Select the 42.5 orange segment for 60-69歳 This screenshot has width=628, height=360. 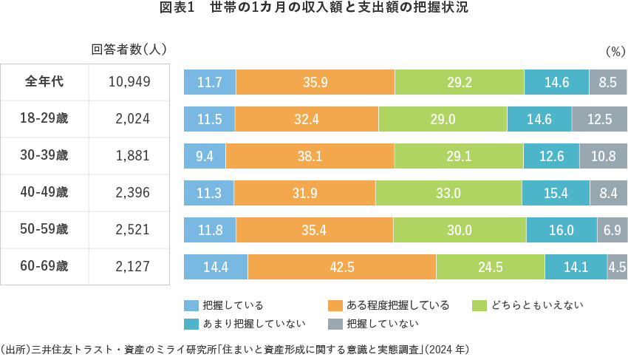pyautogui.click(x=342, y=267)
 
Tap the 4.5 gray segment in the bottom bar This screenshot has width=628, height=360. pyautogui.click(x=617, y=267)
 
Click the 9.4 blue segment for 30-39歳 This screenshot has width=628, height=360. pyautogui.click(x=205, y=156)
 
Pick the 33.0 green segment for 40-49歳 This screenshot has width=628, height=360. pyautogui.click(x=448, y=193)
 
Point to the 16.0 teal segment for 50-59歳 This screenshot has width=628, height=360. pyautogui.click(x=562, y=230)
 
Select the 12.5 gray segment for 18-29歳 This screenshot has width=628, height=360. pyautogui.click(x=599, y=119)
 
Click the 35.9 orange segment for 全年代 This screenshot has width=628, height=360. pyautogui.click(x=315, y=82)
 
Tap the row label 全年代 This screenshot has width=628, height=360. pyautogui.click(x=44, y=81)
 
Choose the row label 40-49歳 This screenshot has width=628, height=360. pyautogui.click(x=44, y=192)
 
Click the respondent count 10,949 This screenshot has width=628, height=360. pyautogui.click(x=129, y=82)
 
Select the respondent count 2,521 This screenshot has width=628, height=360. pyautogui.click(x=132, y=230)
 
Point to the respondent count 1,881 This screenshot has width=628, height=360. pyautogui.click(x=132, y=156)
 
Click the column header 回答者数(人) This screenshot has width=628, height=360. pyautogui.click(x=129, y=50)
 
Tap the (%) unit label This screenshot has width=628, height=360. pyautogui.click(x=615, y=52)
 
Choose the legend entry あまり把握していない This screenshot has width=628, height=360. pyautogui.click(x=243, y=324)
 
